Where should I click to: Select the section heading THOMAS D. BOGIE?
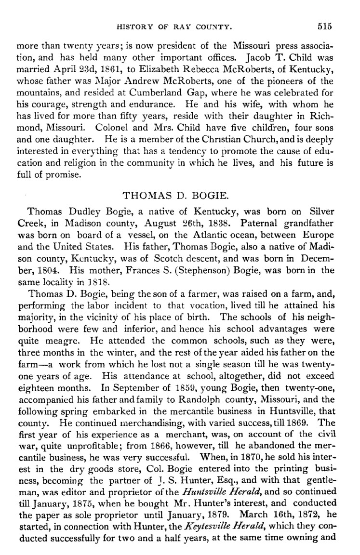pos(179,195)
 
